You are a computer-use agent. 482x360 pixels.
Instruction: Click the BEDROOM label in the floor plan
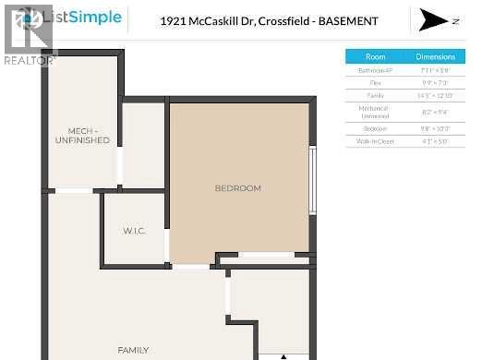pos(237,188)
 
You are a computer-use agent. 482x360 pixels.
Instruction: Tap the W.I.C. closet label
pos(135,230)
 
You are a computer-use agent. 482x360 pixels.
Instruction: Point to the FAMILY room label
pos(133,350)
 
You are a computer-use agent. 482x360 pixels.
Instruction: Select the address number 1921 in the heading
pos(174,20)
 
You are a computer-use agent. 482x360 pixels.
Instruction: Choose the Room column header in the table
pos(376,56)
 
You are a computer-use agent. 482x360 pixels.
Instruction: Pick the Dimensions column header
pos(435,56)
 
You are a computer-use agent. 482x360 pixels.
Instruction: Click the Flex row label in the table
pos(376,83)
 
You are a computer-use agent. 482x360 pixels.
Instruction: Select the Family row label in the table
pos(376,96)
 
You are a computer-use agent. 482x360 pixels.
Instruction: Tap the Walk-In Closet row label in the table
pos(376,141)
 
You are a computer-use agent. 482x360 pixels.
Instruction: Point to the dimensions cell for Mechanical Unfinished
pos(435,112)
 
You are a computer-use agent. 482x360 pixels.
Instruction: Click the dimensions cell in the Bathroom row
pos(435,70)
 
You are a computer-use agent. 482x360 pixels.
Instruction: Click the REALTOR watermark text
pos(30,61)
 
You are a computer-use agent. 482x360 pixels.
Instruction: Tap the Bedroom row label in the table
pos(376,128)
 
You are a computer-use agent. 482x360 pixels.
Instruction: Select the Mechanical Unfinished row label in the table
pos(376,112)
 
